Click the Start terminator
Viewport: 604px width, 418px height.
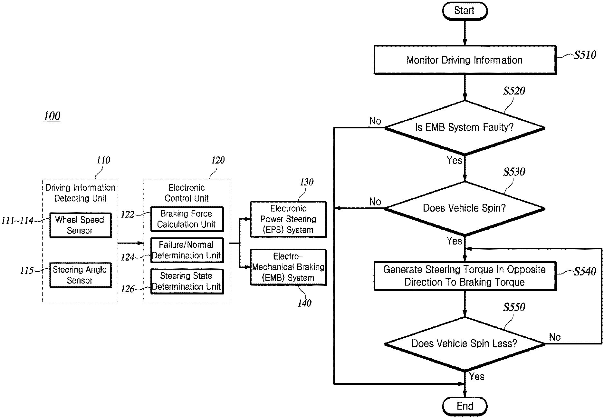[465, 11]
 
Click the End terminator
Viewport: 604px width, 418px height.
[465, 406]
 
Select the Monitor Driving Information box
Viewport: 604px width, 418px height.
[465, 60]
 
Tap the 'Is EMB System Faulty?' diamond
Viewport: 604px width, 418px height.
[465, 128]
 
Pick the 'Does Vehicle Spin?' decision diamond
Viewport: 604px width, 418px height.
[465, 209]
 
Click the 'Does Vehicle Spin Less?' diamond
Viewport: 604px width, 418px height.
[465, 344]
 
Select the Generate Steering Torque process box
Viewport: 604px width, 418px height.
[465, 276]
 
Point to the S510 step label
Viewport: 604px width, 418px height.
[585, 55]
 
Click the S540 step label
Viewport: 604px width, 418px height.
[585, 272]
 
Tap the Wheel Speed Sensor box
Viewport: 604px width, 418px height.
[80, 225]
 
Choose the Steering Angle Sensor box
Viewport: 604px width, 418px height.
[80, 275]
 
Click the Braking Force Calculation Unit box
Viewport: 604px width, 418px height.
[187, 219]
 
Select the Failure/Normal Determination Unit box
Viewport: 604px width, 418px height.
[187, 250]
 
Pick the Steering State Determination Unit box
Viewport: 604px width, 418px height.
[187, 281]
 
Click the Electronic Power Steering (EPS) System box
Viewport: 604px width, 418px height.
[288, 219]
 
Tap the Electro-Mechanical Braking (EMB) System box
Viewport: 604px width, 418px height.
[288, 267]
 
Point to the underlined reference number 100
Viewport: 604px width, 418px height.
[52, 116]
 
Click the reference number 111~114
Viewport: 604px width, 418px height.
[17, 221]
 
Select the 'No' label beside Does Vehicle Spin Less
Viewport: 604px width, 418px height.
[555, 337]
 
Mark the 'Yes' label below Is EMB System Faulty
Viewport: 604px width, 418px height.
[454, 160]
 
